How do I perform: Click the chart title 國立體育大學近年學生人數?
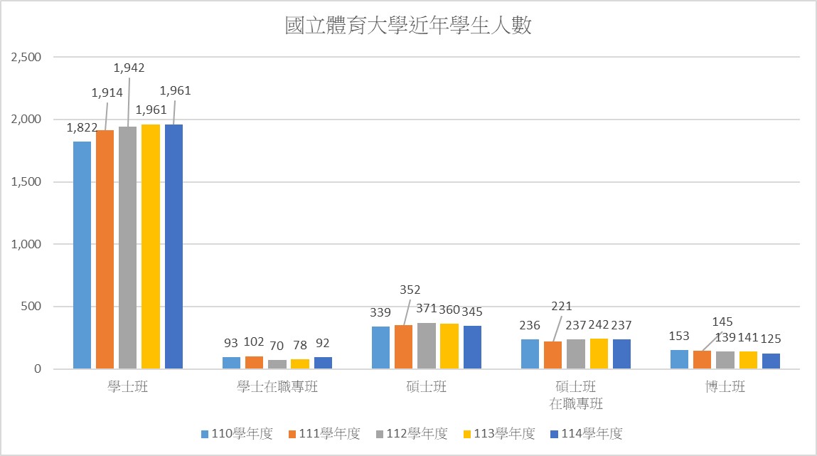[x=408, y=27]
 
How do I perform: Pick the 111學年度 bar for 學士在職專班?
[x=255, y=362]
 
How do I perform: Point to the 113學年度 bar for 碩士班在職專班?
[x=599, y=354]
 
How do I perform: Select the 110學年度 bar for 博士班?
[x=679, y=359]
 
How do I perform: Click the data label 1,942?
[x=129, y=68]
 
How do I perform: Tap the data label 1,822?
[x=82, y=128]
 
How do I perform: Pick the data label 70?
[x=277, y=346]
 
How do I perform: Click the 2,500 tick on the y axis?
[x=27, y=57]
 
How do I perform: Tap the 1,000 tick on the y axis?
[x=27, y=244]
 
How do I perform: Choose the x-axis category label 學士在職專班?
[x=277, y=388]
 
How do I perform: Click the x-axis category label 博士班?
[x=725, y=388]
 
